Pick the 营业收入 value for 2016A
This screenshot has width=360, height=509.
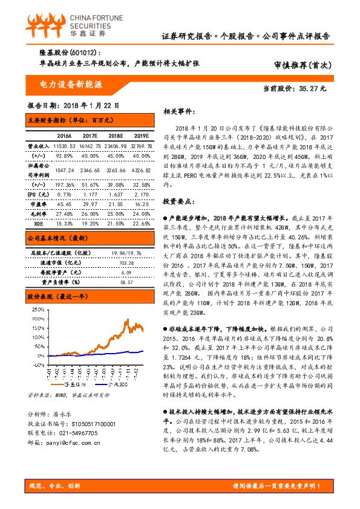(63, 146)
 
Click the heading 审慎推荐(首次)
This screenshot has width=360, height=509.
(300, 65)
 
